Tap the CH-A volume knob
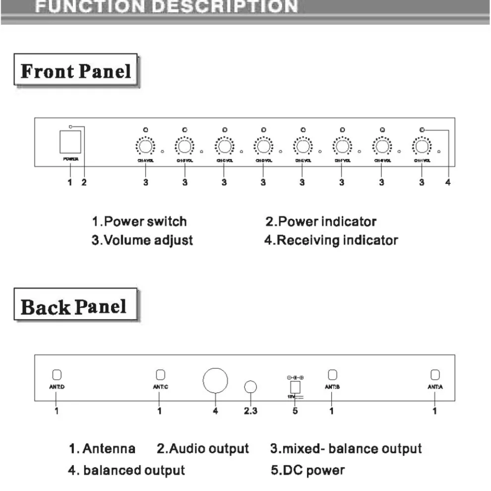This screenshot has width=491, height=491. [145, 147]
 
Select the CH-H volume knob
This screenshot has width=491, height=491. [422, 147]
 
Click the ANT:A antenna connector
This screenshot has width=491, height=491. [435, 374]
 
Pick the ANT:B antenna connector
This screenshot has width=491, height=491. [332, 374]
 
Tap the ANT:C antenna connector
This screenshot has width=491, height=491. [160, 374]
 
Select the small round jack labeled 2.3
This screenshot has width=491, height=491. [251, 387]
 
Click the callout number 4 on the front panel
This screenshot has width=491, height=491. [447, 183]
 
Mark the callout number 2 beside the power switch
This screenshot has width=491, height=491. [84, 183]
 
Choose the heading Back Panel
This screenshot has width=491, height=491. [74, 307]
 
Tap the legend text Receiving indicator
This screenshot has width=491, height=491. [337, 241]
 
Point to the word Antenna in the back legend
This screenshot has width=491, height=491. [109, 449]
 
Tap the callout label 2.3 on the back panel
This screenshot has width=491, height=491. [251, 411]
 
